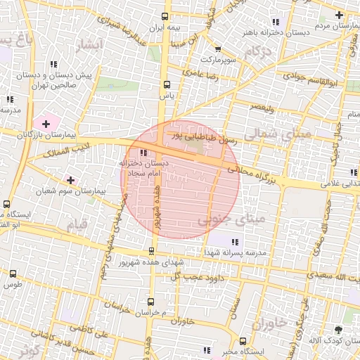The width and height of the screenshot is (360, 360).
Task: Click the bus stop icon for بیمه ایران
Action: [165, 16]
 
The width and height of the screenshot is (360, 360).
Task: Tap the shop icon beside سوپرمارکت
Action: [218, 49]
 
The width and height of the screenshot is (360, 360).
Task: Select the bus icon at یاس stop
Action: [166, 84]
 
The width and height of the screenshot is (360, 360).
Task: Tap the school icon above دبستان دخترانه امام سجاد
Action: [144, 153]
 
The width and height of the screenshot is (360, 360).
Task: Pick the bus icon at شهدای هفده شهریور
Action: [152, 250]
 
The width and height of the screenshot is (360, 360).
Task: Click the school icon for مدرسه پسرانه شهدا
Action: [232, 242]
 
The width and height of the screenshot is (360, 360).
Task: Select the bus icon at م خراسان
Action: [150, 302]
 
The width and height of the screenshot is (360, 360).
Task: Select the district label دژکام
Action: [258, 51]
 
